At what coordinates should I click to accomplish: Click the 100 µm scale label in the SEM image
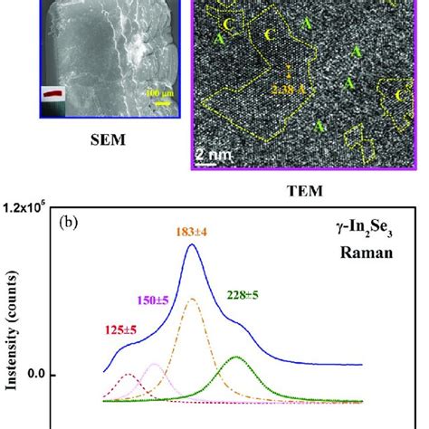point(163,93)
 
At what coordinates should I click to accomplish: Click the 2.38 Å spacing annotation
point(262,88)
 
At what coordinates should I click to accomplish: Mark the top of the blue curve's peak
point(192,243)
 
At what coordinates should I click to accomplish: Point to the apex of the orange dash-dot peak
point(192,300)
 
